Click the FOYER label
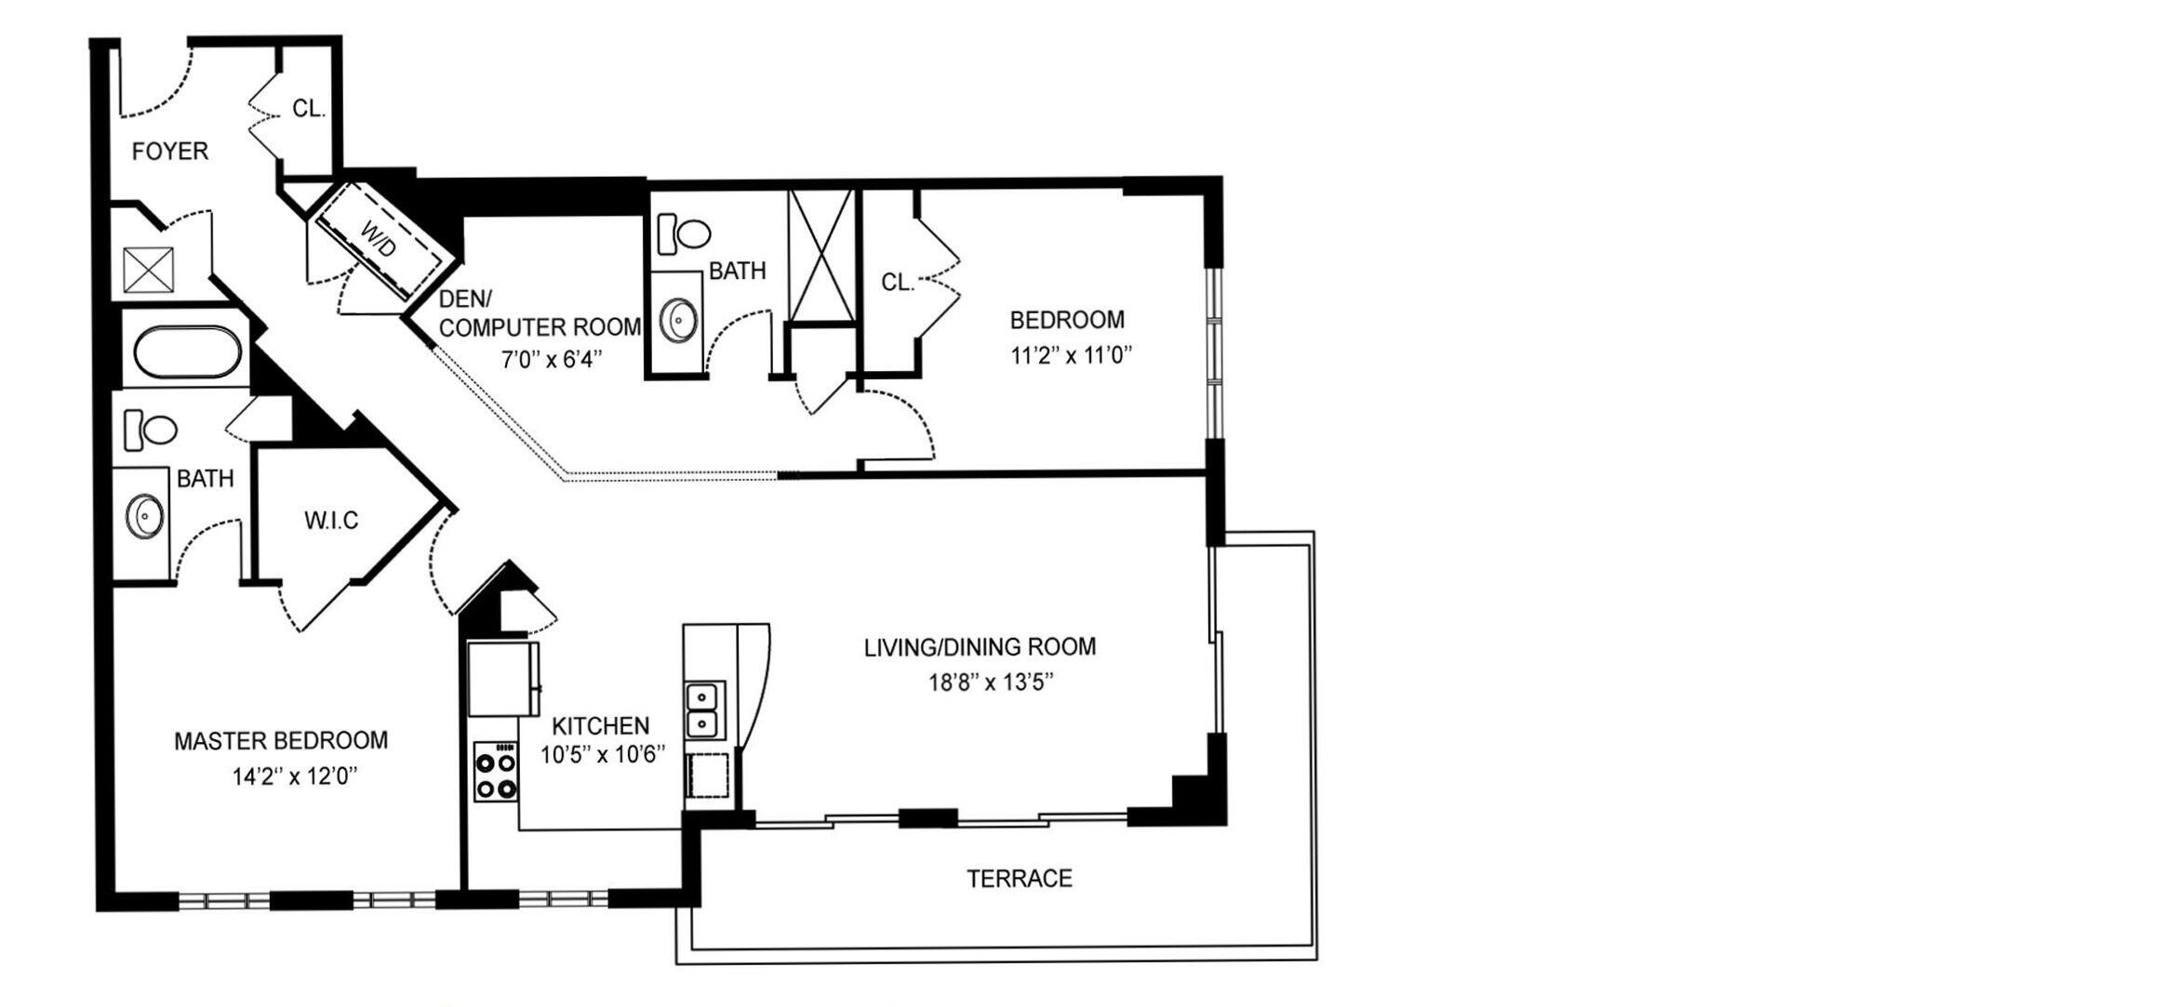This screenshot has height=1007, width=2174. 169,151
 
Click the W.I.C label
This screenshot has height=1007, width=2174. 331,521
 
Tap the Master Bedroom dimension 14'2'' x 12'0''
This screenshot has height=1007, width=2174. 295,776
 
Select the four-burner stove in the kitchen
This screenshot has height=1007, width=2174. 495,773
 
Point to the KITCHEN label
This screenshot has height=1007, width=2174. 600,725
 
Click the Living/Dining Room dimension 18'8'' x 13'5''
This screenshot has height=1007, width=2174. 990,683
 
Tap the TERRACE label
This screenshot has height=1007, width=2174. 1019,879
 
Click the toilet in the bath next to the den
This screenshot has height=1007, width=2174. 685,233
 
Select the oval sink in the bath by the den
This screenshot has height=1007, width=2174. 679,321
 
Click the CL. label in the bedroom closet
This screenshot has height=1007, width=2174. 898,282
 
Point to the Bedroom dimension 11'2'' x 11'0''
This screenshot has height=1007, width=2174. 1072,355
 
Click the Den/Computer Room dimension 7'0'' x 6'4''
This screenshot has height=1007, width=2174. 553,359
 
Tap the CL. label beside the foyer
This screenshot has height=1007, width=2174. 309,109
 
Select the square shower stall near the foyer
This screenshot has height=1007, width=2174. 149,270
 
